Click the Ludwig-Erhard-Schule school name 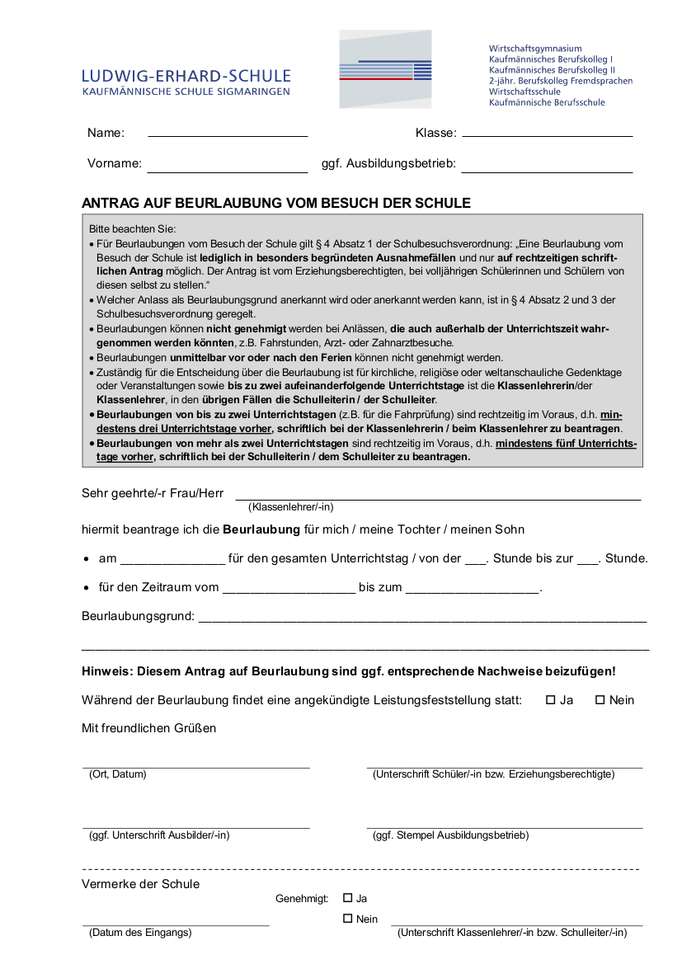186,76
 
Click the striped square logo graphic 385,69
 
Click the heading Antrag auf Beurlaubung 276,203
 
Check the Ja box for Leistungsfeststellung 551,700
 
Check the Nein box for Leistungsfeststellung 600,700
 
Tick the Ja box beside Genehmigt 347,898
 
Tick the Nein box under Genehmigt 347,919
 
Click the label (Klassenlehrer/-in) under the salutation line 291,507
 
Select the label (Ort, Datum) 117,774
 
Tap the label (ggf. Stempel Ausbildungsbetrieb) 450,835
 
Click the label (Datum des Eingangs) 140,933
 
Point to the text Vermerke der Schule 140,884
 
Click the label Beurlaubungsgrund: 138,616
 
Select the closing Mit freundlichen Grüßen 148,728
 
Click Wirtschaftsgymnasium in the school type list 535,49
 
